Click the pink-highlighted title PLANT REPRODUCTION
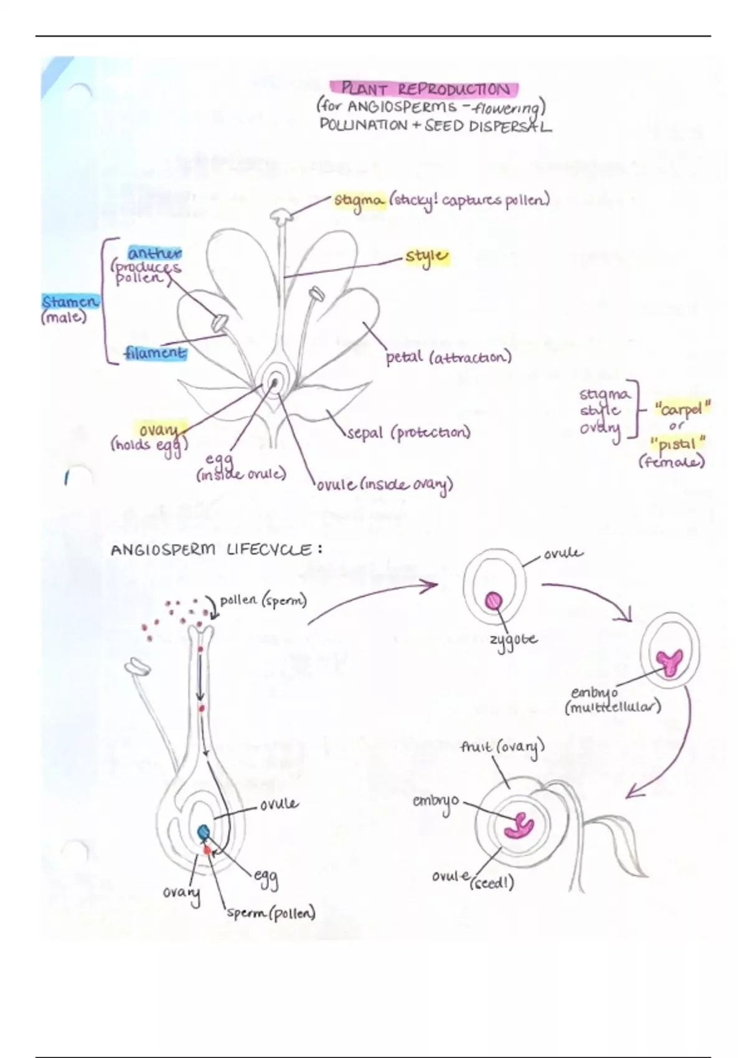pyautogui.click(x=426, y=89)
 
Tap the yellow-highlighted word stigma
pyautogui.click(x=359, y=201)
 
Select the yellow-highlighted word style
pyautogui.click(x=427, y=256)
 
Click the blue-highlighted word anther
pyautogui.click(x=154, y=253)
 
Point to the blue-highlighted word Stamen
pyautogui.click(x=70, y=302)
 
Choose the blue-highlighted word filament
pyautogui.click(x=154, y=353)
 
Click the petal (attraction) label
pyautogui.click(x=448, y=358)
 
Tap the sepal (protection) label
pyautogui.click(x=408, y=433)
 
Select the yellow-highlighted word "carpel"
pyautogui.click(x=682, y=410)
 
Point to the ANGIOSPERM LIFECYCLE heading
pyautogui.click(x=217, y=550)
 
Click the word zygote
pyautogui.click(x=513, y=640)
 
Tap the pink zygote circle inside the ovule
pyautogui.click(x=494, y=601)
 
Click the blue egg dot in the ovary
pyautogui.click(x=204, y=831)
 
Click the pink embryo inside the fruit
pyautogui.click(x=519, y=825)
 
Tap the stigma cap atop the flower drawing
pyautogui.click(x=281, y=215)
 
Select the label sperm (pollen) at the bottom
pyautogui.click(x=271, y=913)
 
